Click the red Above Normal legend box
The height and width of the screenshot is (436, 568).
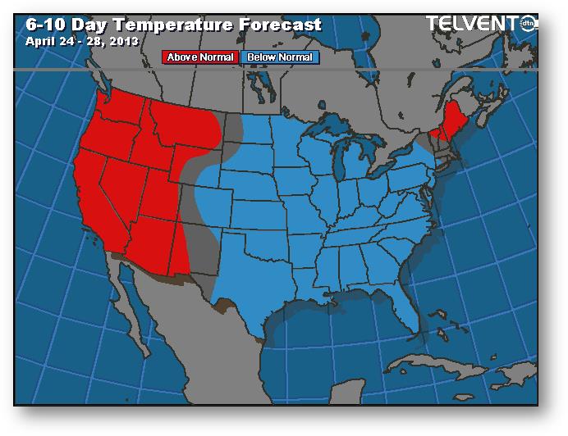pyautogui.click(x=201, y=57)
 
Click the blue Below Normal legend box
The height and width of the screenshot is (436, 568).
pyautogui.click(x=280, y=57)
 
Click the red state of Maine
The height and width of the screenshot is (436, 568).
pyautogui.click(x=448, y=123)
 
